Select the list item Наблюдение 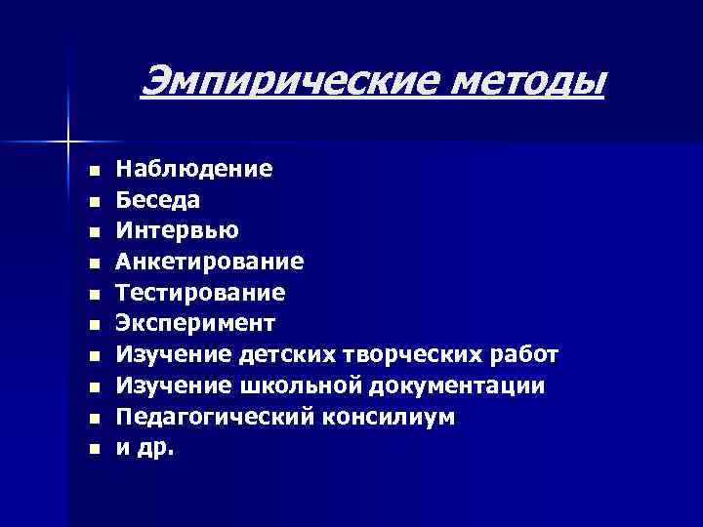point(194,169)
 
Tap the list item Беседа point(159,200)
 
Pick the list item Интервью point(176,231)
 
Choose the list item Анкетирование point(210,263)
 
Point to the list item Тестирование point(201,293)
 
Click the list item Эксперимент point(196,323)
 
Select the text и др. point(144,449)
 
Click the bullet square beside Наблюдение point(93,171)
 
